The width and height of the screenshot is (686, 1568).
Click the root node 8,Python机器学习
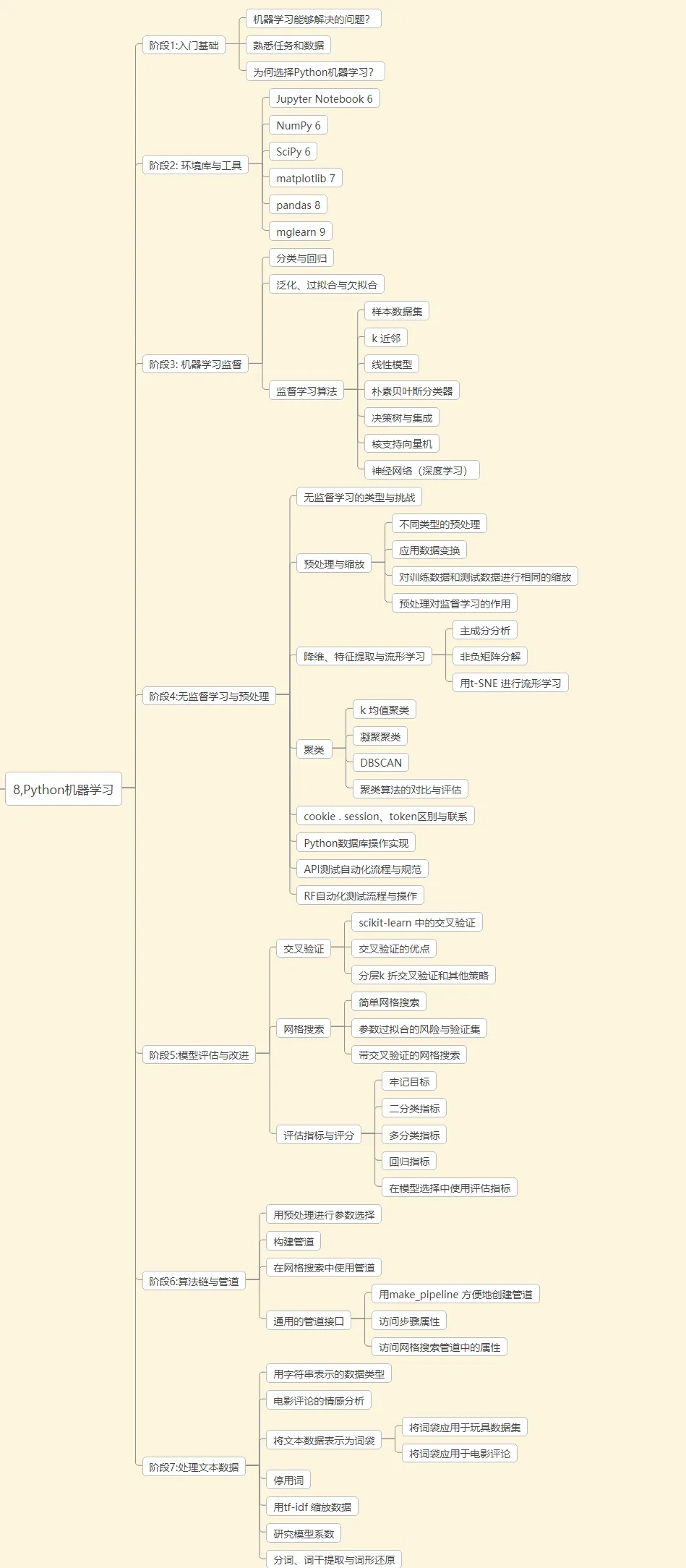point(64,789)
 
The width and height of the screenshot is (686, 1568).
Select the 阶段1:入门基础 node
point(184,46)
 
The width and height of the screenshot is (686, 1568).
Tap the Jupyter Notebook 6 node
point(324,99)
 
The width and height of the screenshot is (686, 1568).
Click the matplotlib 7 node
point(305,179)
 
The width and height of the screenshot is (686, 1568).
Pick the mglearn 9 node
point(300,232)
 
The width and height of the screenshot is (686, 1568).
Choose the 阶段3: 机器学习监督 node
point(195,365)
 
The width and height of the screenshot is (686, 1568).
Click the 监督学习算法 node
point(306,391)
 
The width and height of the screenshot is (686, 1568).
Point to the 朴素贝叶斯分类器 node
point(411,391)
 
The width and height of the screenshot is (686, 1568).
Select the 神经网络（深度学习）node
point(421,471)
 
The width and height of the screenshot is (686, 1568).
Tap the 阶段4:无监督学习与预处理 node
point(209,696)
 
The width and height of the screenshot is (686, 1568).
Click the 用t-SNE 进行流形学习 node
point(510,683)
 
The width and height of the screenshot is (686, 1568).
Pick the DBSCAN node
point(381,763)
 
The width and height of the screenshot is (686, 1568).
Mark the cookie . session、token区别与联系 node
point(385,817)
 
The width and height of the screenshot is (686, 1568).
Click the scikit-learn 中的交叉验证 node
point(416,923)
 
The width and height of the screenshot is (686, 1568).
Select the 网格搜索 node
point(304,1029)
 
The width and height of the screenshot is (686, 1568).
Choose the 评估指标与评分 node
point(319,1135)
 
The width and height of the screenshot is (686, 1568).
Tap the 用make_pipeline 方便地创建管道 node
point(455,1295)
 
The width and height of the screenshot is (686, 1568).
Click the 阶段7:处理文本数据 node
point(194,1467)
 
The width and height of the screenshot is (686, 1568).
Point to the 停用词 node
point(288,1480)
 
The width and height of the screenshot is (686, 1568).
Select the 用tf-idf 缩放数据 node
point(312,1507)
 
